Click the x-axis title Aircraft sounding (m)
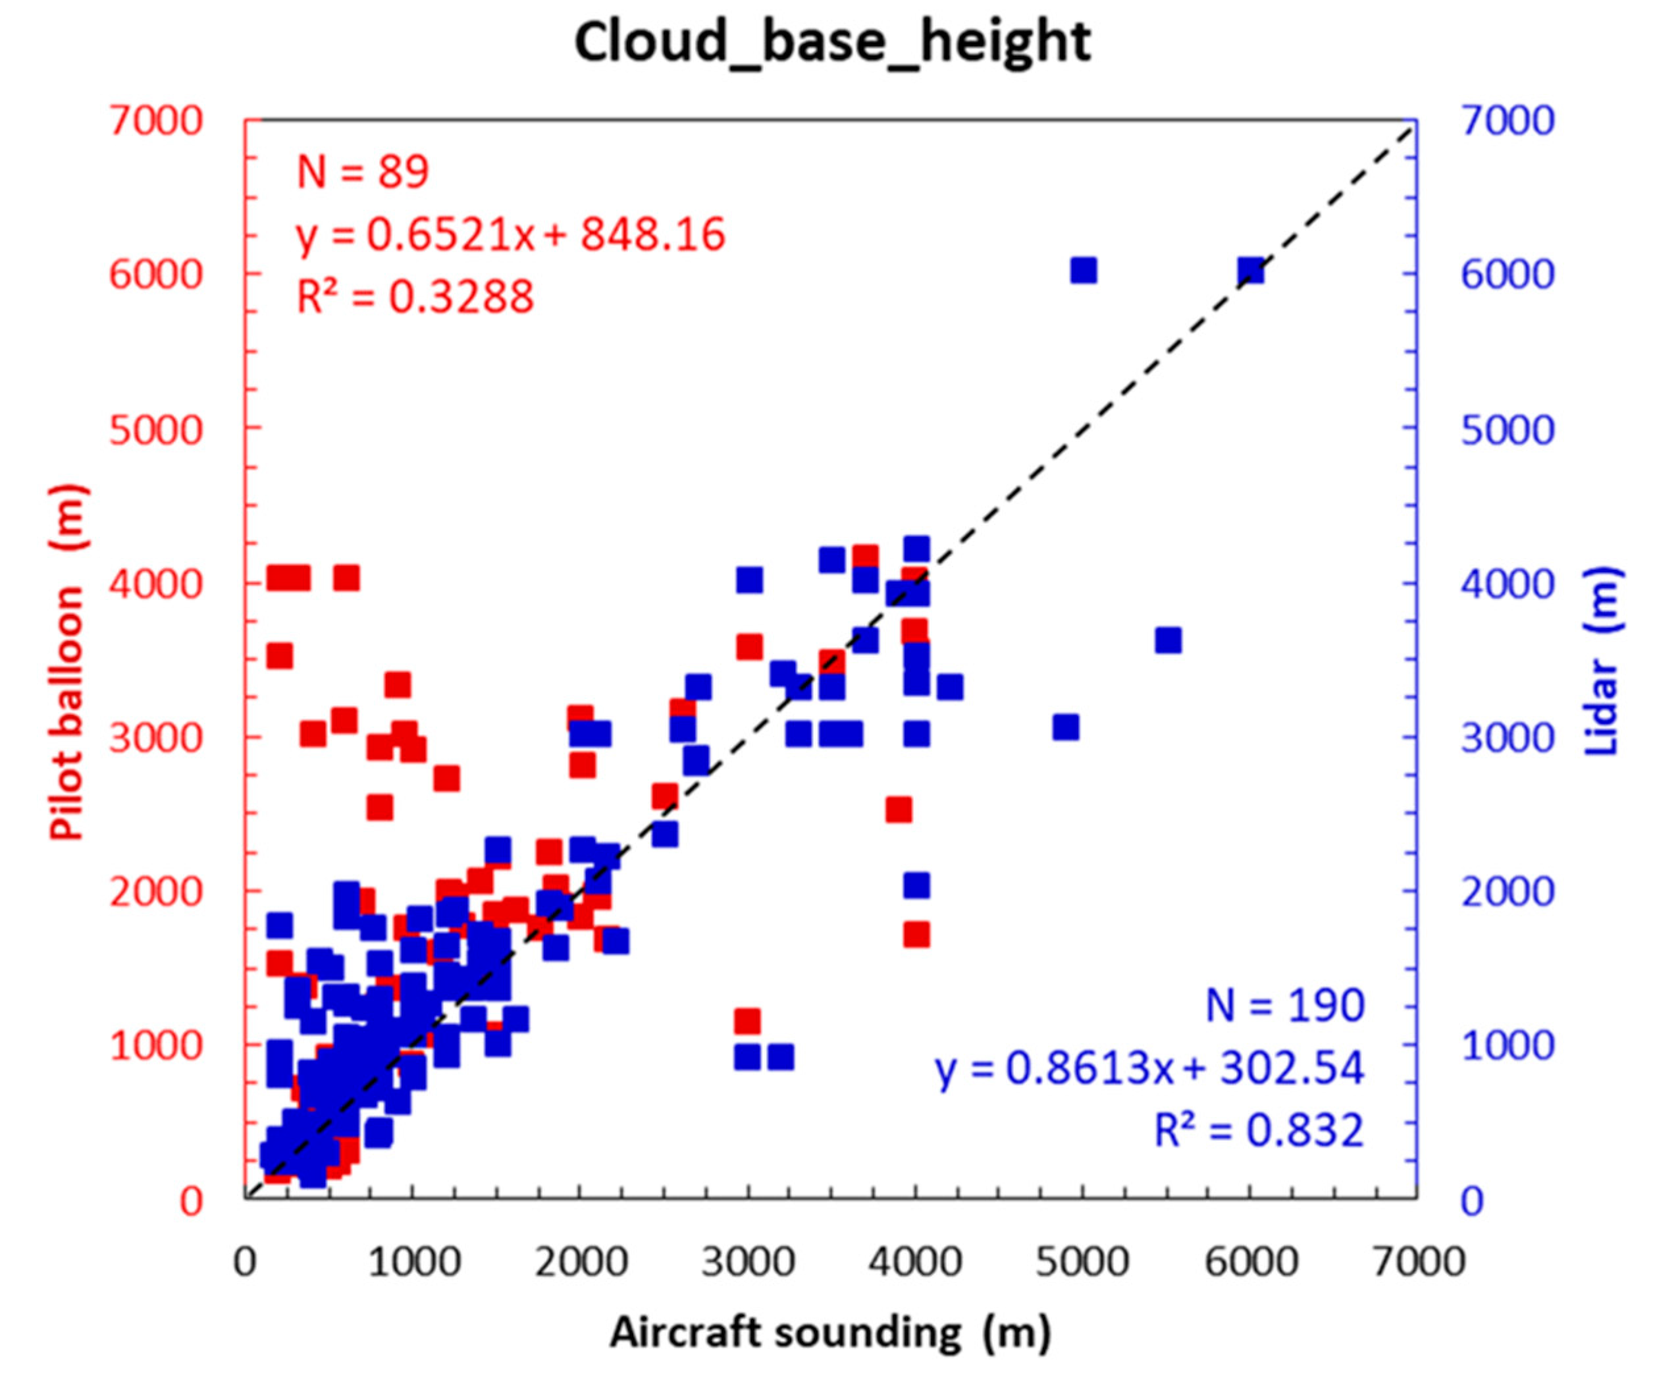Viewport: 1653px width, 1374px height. [829, 1333]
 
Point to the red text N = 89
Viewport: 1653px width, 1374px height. [363, 172]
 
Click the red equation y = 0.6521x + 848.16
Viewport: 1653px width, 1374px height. [510, 234]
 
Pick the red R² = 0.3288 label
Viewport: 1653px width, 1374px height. [415, 297]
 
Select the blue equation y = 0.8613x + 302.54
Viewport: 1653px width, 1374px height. [1149, 1068]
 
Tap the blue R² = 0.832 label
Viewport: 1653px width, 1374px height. [1259, 1131]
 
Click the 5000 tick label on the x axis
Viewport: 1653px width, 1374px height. [1083, 1262]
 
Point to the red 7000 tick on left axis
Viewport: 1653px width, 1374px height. [156, 121]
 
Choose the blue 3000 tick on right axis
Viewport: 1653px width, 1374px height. [1508, 738]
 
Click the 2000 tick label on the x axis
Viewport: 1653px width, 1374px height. [581, 1262]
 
